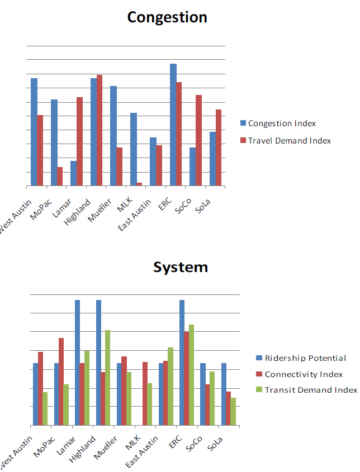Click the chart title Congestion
coord(167,17)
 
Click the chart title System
coord(181,267)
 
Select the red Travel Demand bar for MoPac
coord(60,176)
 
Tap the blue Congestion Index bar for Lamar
coord(74,173)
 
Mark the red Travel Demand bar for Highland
coord(100,130)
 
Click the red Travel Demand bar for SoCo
coord(198,140)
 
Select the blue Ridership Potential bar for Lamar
coord(78,363)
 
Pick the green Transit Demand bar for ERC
coord(191,375)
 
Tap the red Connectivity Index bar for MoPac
coord(61,382)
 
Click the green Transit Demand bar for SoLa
coord(233,412)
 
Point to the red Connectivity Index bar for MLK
coord(145,394)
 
